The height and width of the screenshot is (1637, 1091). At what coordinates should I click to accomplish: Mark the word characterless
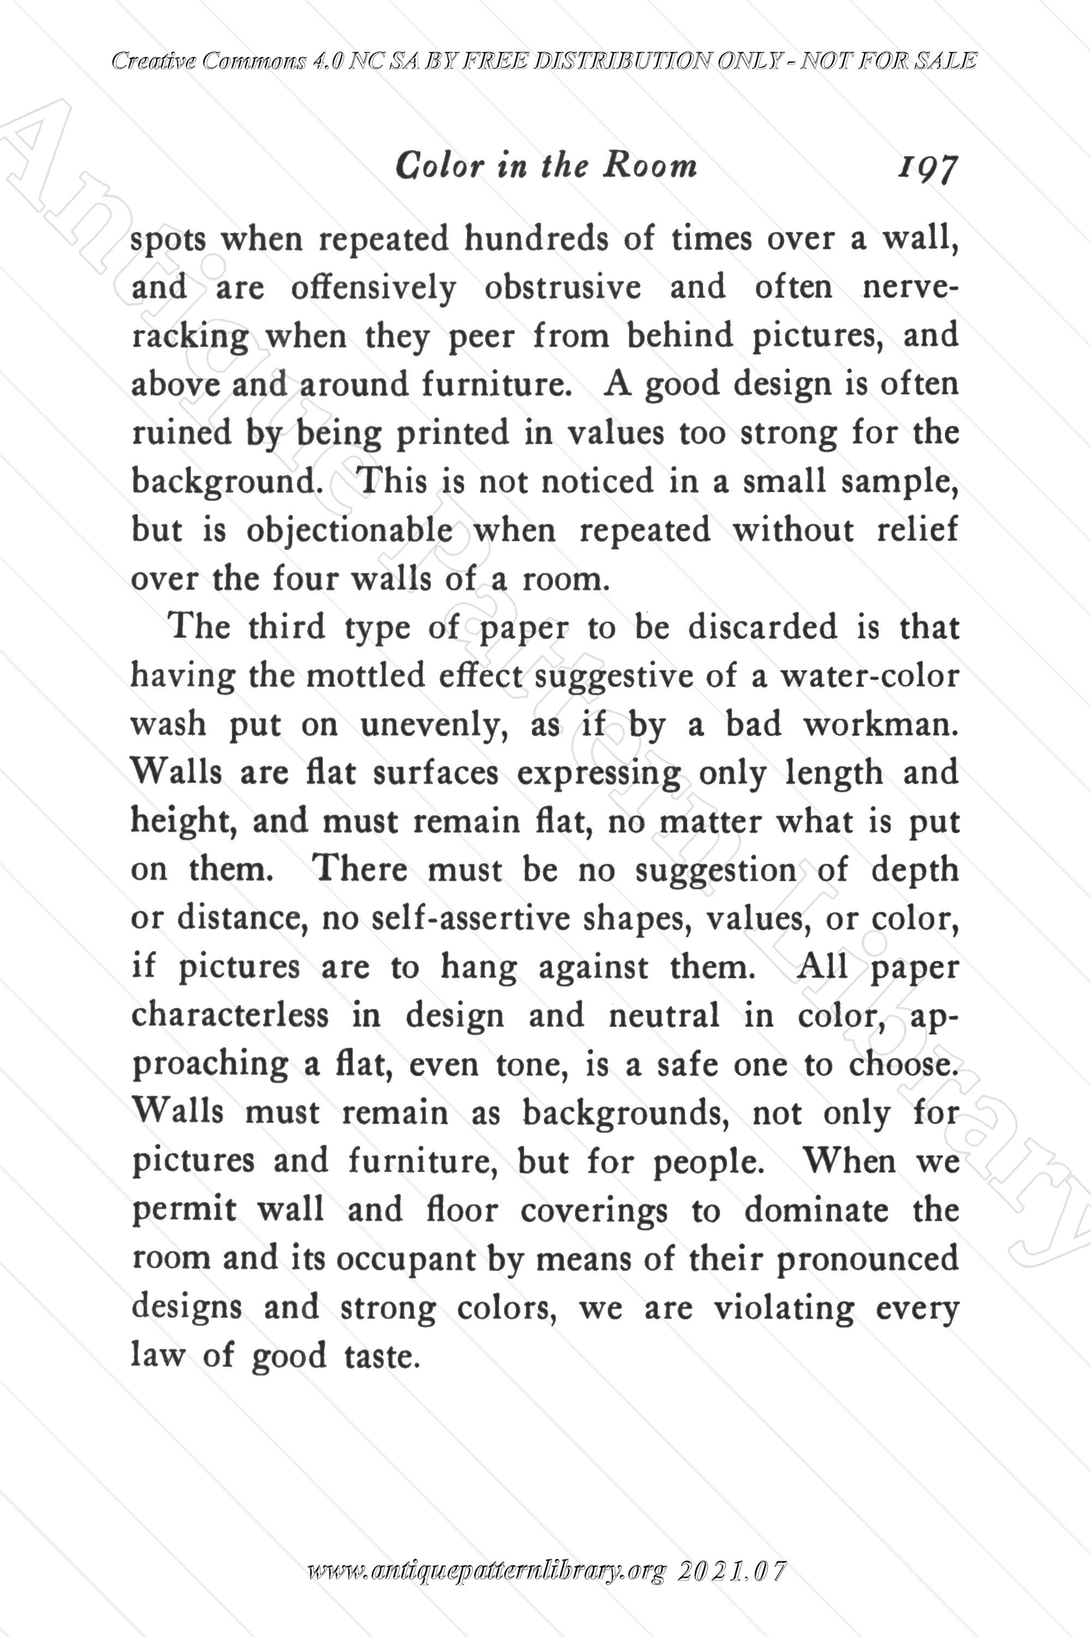230,1016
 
